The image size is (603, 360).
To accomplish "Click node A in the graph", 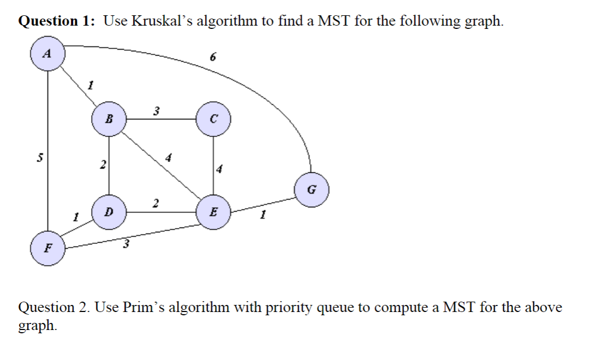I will coord(48,53).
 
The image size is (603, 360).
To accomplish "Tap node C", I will coord(214,119).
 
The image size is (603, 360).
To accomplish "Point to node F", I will coord(48,248).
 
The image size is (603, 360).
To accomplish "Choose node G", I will coord(312,190).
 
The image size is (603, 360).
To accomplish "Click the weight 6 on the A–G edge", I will coord(213,57).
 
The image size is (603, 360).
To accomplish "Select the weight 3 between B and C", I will coord(156,111).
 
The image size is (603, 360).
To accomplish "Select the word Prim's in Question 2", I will coord(144,307).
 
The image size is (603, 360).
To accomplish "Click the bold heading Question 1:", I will coord(57,21).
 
